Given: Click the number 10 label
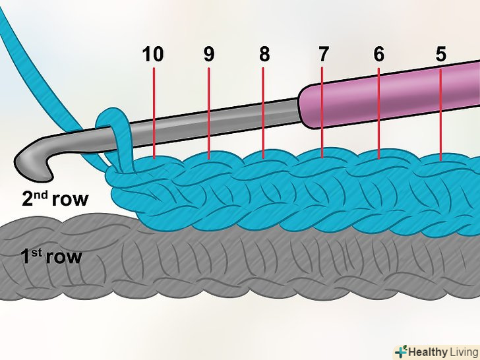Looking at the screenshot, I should pyautogui.click(x=153, y=55).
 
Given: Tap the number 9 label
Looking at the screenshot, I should pyautogui.click(x=208, y=55).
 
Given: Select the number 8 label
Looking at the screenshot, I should pyautogui.click(x=264, y=55).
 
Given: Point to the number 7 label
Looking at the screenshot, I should pyautogui.click(x=322, y=55).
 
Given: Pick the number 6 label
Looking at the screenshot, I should pyautogui.click(x=378, y=55).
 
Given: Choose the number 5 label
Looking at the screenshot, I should pyautogui.click(x=440, y=55).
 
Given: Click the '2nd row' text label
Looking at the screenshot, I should pyautogui.click(x=55, y=198).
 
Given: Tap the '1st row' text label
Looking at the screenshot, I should pyautogui.click(x=51, y=256).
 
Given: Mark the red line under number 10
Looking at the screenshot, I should pyautogui.click(x=153, y=112).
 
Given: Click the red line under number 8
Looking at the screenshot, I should pyautogui.click(x=264, y=112).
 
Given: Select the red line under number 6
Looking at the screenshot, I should pyautogui.click(x=379, y=112).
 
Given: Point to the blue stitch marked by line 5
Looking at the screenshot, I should pyautogui.click(x=440, y=165).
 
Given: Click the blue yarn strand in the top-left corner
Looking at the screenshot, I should pyautogui.click(x=26, y=40).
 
